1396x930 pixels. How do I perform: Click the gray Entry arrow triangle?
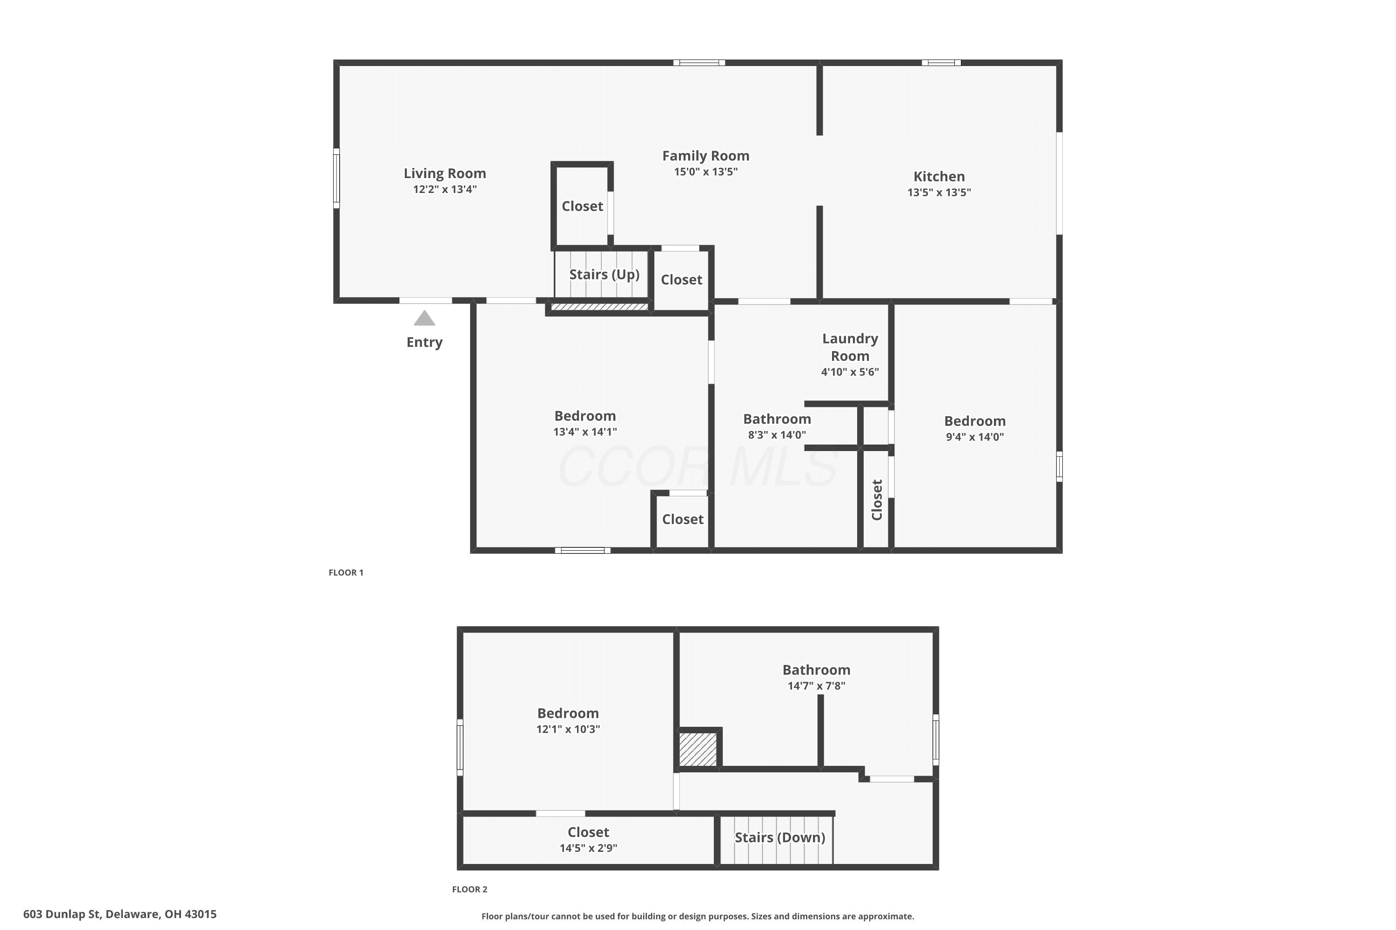click(x=424, y=319)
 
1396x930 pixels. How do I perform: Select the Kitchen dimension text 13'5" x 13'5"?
click(x=939, y=192)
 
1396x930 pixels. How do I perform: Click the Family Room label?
click(x=706, y=156)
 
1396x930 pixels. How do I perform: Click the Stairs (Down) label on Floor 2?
click(x=780, y=837)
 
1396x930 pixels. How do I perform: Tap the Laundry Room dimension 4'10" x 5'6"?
click(x=850, y=372)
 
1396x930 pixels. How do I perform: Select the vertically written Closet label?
click(x=877, y=500)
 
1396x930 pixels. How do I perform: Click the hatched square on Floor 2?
click(x=698, y=749)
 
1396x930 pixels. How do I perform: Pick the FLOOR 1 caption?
click(x=346, y=572)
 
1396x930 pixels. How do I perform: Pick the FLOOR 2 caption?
click(x=470, y=889)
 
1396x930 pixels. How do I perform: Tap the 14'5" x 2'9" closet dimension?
click(x=588, y=848)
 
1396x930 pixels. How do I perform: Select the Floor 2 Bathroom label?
click(x=816, y=670)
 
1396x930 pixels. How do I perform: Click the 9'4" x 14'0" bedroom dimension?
click(x=974, y=437)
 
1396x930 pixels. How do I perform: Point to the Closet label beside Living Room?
click(x=582, y=206)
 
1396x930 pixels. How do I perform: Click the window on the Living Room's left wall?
click(x=336, y=178)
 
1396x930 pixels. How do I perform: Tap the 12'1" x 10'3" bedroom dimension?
click(x=568, y=729)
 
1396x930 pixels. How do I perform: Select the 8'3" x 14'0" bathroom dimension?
click(x=777, y=435)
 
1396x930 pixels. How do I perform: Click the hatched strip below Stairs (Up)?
click(x=599, y=306)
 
